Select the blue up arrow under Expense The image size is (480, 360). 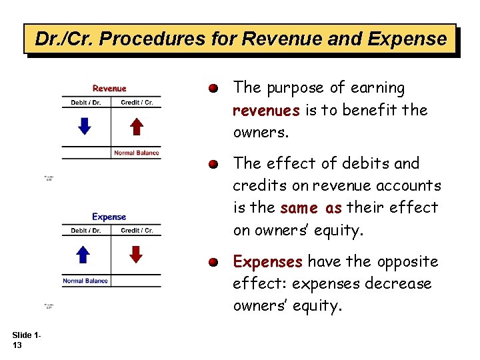pyautogui.click(x=84, y=254)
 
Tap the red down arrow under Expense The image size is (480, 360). pyautogui.click(x=136, y=254)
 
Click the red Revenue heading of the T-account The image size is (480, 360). pyautogui.click(x=109, y=88)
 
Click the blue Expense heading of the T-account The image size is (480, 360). pyautogui.click(x=109, y=217)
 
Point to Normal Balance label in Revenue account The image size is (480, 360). pyautogui.click(x=136, y=153)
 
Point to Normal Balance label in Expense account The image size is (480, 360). pyautogui.click(x=85, y=281)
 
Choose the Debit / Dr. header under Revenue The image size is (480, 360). pyautogui.click(x=86, y=103)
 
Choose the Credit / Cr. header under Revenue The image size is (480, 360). pyautogui.click(x=137, y=103)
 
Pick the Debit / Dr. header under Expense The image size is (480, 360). pyautogui.click(x=86, y=231)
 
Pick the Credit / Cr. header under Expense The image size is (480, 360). pyautogui.click(x=137, y=231)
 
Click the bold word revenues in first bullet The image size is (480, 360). pyautogui.click(x=266, y=110)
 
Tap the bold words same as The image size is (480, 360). pyautogui.click(x=311, y=208)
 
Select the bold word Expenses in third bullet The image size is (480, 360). pyautogui.click(x=267, y=261)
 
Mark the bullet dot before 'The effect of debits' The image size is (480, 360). pyautogui.click(x=213, y=164)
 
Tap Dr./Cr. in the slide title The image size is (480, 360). pyautogui.click(x=60, y=39)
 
